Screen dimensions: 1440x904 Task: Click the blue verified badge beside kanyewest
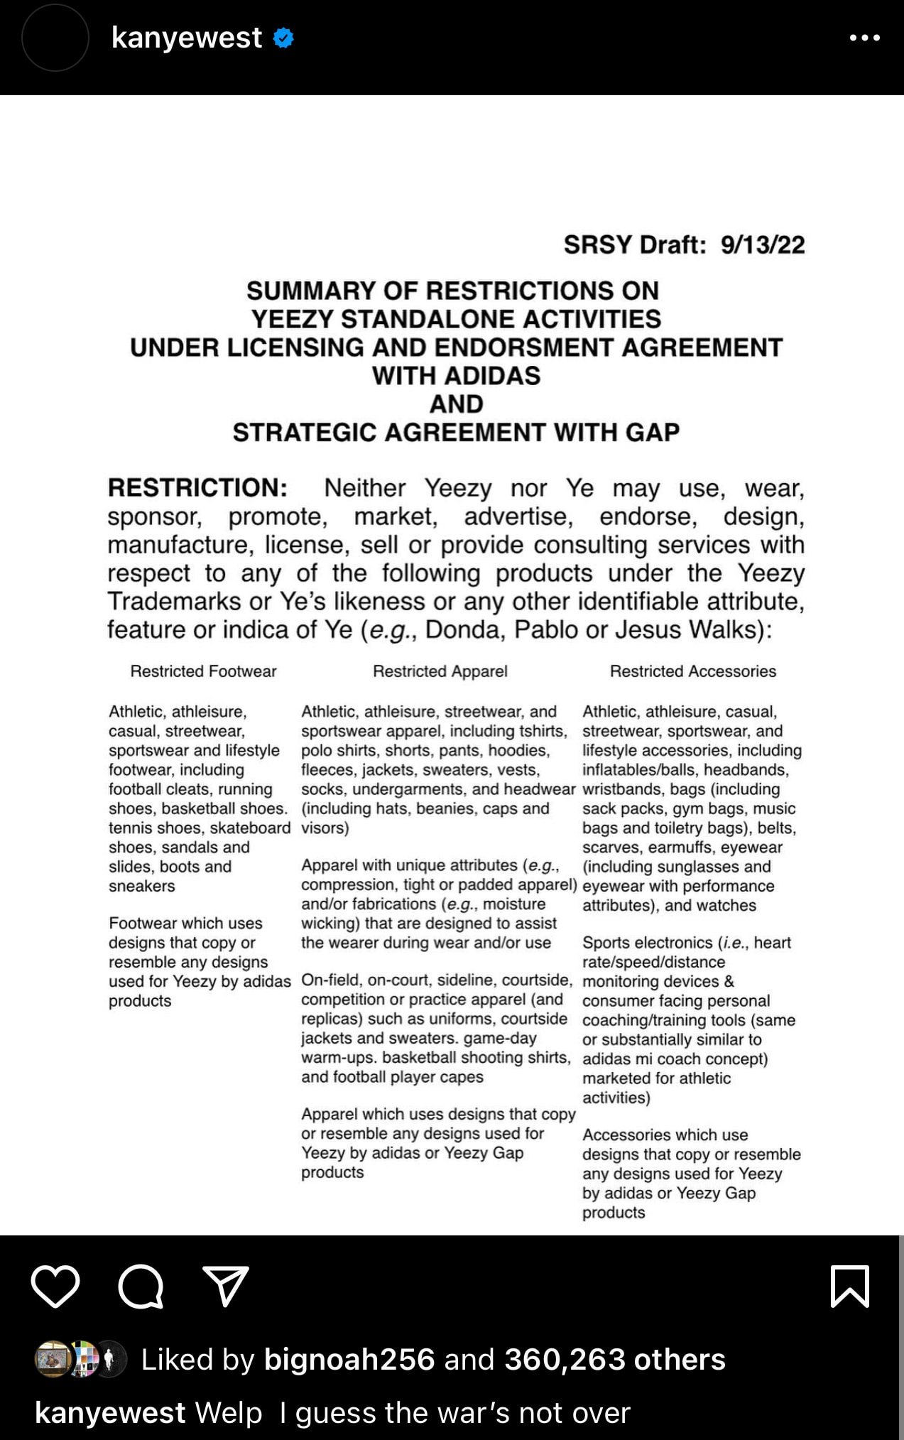pos(284,38)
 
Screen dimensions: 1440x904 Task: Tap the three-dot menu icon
pos(864,38)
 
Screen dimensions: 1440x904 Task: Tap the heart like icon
pos(55,1286)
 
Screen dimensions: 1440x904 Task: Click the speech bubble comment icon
pos(141,1286)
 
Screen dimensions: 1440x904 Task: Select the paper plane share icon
pos(226,1286)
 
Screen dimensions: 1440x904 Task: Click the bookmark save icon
pos(849,1286)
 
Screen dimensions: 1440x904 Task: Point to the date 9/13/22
pos(763,245)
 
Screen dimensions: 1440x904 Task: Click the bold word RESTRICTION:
pos(197,488)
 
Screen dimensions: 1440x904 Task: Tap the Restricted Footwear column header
pos(203,671)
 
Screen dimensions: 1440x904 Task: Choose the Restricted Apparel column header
pos(440,671)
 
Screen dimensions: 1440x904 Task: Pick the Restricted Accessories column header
pos(693,671)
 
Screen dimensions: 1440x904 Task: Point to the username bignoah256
pos(349,1359)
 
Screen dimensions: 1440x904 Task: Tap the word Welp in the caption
pos(229,1413)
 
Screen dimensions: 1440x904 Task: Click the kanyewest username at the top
pos(187,38)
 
